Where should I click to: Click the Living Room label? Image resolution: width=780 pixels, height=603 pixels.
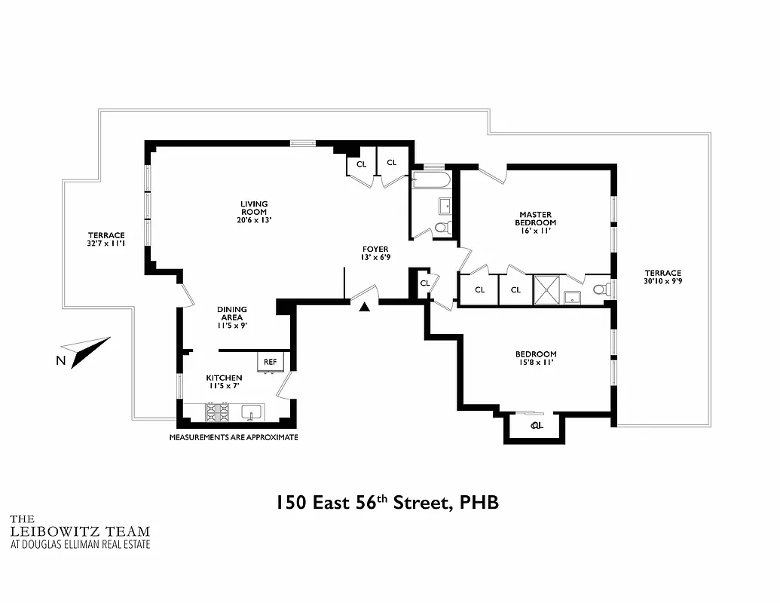[x=254, y=209]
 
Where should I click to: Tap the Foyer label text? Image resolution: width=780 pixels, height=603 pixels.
[x=375, y=252]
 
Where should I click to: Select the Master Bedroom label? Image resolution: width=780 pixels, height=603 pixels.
[x=535, y=219]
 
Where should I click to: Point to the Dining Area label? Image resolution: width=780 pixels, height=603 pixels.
[x=231, y=314]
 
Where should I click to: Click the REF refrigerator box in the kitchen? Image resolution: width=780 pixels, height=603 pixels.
[x=270, y=362]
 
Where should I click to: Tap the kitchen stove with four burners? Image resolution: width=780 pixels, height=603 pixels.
[x=217, y=412]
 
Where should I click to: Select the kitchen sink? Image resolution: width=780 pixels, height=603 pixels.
[x=252, y=412]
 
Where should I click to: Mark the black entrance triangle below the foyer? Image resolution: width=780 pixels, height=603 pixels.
[x=365, y=306]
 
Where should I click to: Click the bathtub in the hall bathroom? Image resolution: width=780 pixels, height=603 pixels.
[x=430, y=180]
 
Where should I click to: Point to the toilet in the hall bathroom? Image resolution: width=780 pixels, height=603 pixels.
[x=443, y=227]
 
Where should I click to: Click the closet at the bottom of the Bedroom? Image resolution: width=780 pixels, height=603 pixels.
[x=537, y=427]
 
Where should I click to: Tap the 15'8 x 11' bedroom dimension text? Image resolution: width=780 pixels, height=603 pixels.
[x=536, y=363]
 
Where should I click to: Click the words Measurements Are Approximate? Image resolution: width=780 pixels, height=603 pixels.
[x=233, y=437]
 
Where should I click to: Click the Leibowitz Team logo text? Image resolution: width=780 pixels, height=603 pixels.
[x=79, y=531]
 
